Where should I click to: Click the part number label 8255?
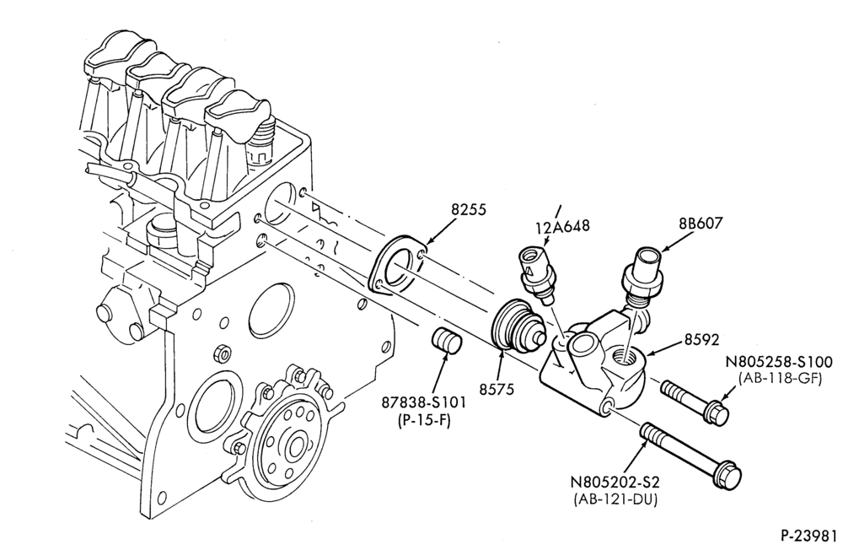coord(468,209)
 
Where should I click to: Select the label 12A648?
coord(562,225)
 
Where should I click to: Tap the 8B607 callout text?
coord(701,223)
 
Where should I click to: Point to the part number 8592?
coord(701,340)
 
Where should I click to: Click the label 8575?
coord(497,389)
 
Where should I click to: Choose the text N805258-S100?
coord(779,362)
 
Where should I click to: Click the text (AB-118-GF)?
coord(780,378)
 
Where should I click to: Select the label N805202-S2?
coord(615,482)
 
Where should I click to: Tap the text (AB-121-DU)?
coord(615,499)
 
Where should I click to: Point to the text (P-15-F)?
coord(424,420)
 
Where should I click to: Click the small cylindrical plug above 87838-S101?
coord(448,340)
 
